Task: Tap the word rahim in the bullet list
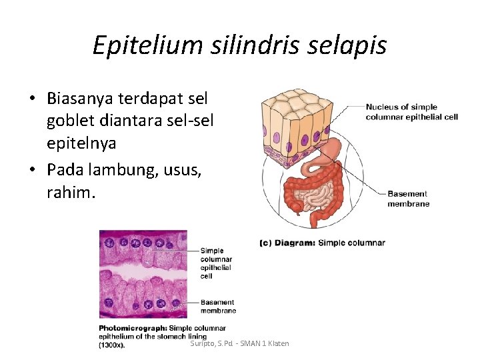tap(69, 193)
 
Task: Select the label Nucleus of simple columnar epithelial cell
tap(411, 112)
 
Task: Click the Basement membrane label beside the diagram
tap(408, 199)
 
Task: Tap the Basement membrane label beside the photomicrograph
tap(218, 307)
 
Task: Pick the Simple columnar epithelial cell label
tap(216, 263)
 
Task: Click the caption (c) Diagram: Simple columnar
tap(322, 243)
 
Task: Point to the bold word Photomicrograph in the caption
tap(133, 328)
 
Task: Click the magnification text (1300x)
tap(112, 345)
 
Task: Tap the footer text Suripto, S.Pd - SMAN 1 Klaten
tap(239, 343)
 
